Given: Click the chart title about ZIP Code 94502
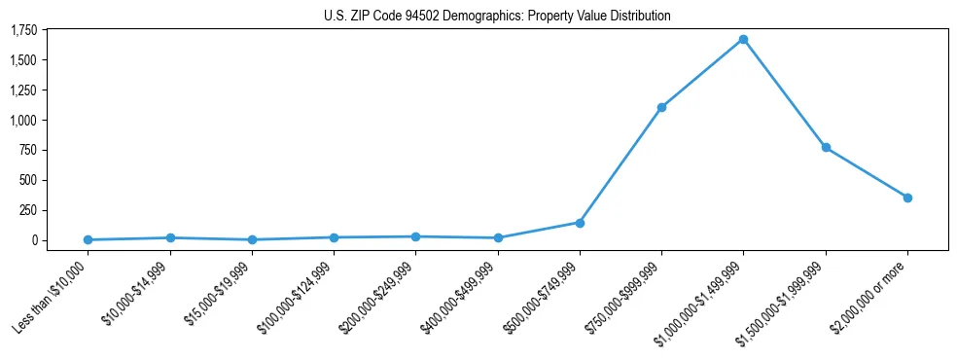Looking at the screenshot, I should [x=497, y=17].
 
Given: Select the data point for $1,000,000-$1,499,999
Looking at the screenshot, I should [x=743, y=40].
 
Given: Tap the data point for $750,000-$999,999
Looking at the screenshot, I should [x=661, y=107].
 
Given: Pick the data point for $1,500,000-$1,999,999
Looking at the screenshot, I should [x=826, y=147].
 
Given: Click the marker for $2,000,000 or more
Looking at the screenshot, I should [x=907, y=198].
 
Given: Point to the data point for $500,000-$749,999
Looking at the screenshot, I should [x=580, y=223].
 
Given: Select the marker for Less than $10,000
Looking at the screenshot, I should [x=88, y=239].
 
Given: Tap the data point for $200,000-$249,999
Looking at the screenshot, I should [x=415, y=236].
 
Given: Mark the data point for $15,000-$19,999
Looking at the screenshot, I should [x=252, y=239].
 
